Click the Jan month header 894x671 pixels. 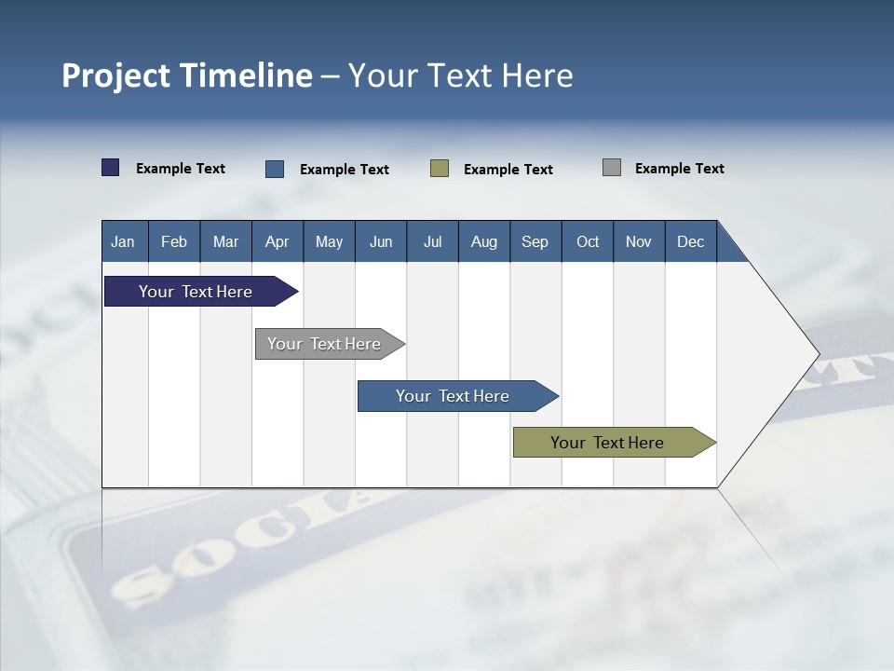coord(123,241)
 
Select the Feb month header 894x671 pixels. coord(174,241)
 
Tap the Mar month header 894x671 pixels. coord(225,241)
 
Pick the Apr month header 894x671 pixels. coord(278,241)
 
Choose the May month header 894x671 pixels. coord(329,241)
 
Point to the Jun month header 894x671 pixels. coord(381,241)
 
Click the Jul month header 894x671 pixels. coord(432,241)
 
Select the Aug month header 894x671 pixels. coord(484,241)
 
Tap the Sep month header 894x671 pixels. coord(535,241)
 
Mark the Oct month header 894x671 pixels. coord(588,241)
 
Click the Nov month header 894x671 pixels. coord(639,241)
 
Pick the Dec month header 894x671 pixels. coord(691,241)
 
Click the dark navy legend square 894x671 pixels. coord(111,168)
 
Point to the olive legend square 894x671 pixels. coord(440,169)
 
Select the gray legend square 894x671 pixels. coord(612,168)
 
